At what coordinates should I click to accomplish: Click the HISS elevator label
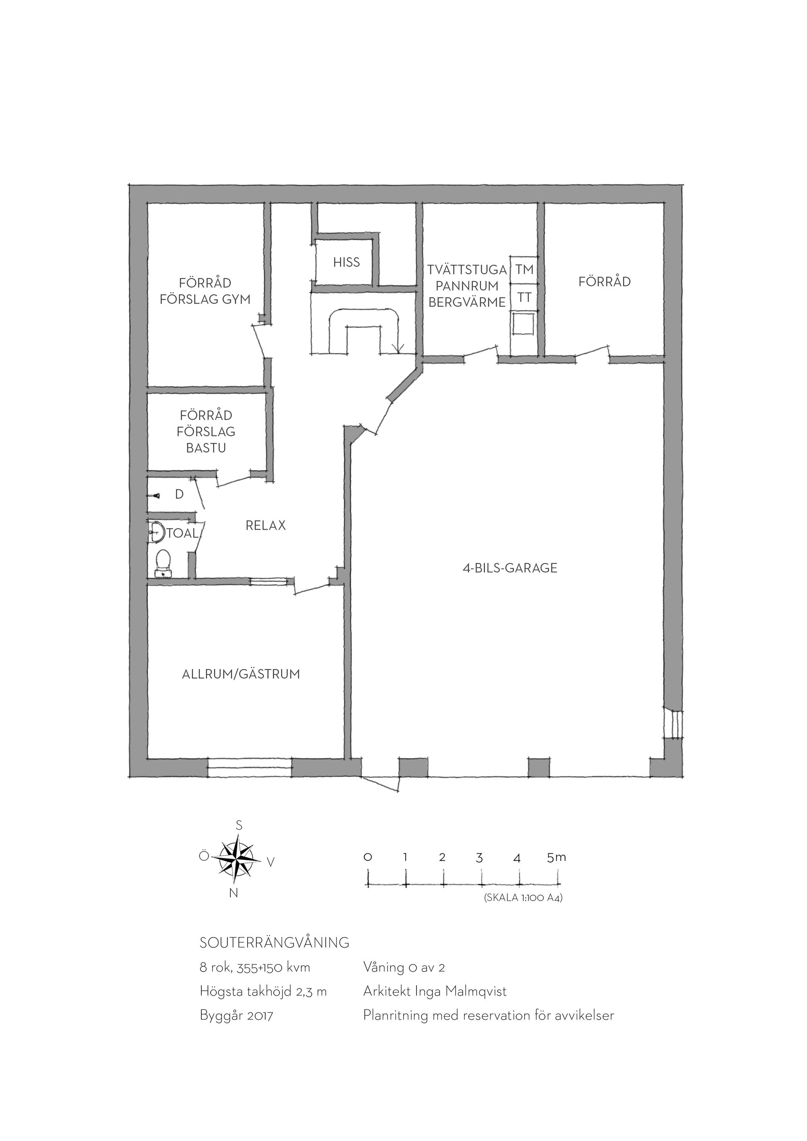coord(346,262)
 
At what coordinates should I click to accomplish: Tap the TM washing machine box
coord(524,269)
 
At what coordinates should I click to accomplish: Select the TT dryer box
coord(524,297)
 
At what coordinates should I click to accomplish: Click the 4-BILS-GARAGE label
coord(510,568)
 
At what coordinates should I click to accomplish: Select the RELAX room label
coord(266,526)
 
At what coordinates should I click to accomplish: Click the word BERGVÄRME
coord(467,302)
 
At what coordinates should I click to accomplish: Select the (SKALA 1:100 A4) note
coord(523,898)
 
